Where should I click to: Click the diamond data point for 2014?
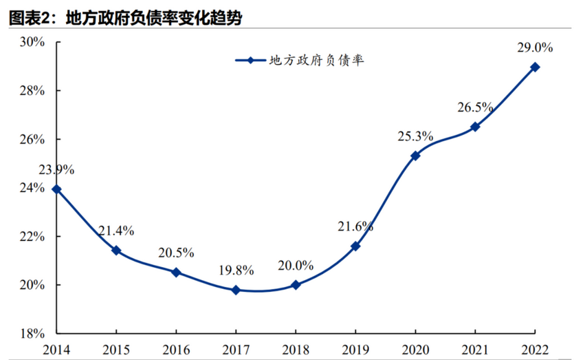pyautogui.click(x=57, y=189)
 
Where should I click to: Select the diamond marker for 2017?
pyautogui.click(x=235, y=290)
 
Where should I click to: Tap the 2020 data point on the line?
pyautogui.click(x=415, y=156)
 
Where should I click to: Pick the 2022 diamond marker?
pyautogui.click(x=535, y=67)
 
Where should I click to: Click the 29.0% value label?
pyautogui.click(x=535, y=47)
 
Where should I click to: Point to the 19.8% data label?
pyautogui.click(x=235, y=270)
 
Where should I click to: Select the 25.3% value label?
pyautogui.click(x=415, y=136)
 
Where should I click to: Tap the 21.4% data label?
pyautogui.click(x=116, y=231)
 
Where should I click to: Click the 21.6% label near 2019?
pyautogui.click(x=355, y=226)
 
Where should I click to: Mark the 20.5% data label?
pyautogui.click(x=176, y=252)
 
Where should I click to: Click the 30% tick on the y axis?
pyautogui.click(x=32, y=42)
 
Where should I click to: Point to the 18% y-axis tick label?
pyautogui.click(x=32, y=333)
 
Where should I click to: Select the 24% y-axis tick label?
pyautogui.click(x=32, y=188)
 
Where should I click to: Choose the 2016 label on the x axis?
pyautogui.click(x=176, y=350)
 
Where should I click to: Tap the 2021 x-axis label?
pyautogui.click(x=475, y=350)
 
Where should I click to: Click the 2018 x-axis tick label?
pyautogui.click(x=295, y=350)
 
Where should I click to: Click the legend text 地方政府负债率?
pyautogui.click(x=315, y=61)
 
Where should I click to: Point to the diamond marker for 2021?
pyautogui.click(x=475, y=127)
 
